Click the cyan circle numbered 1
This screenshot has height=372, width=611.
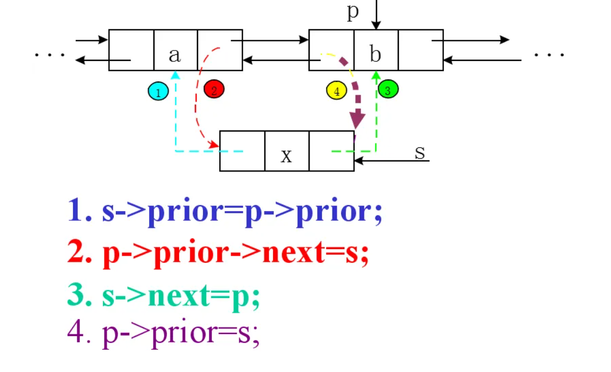[158, 91]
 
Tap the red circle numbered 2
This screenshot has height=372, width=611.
[214, 89]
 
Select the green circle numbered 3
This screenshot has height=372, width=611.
[388, 89]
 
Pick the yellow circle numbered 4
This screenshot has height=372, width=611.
[337, 90]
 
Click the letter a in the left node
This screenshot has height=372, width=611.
[174, 54]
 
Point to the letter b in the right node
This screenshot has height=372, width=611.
[375, 54]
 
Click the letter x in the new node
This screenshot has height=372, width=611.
[286, 156]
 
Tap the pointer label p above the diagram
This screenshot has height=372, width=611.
[353, 11]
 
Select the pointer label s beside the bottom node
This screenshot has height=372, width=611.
[419, 152]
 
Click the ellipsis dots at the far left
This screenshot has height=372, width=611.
[50, 54]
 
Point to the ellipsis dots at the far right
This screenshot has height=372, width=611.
[549, 54]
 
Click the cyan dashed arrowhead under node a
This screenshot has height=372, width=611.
[175, 75]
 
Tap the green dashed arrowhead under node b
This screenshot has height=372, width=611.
[375, 75]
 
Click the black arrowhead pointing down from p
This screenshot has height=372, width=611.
[376, 25]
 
